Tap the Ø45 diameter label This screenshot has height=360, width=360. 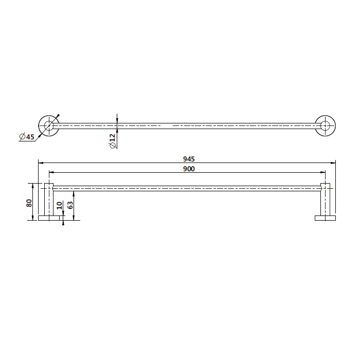(x=26, y=136)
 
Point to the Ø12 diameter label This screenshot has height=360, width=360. (x=112, y=140)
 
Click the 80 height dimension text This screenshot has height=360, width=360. (x=30, y=203)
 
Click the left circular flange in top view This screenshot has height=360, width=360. (x=49, y=125)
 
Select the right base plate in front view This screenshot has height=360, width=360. (x=325, y=219)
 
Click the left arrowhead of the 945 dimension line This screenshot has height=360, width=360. (x=40, y=163)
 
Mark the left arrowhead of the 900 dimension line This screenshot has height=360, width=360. (x=50, y=173)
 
